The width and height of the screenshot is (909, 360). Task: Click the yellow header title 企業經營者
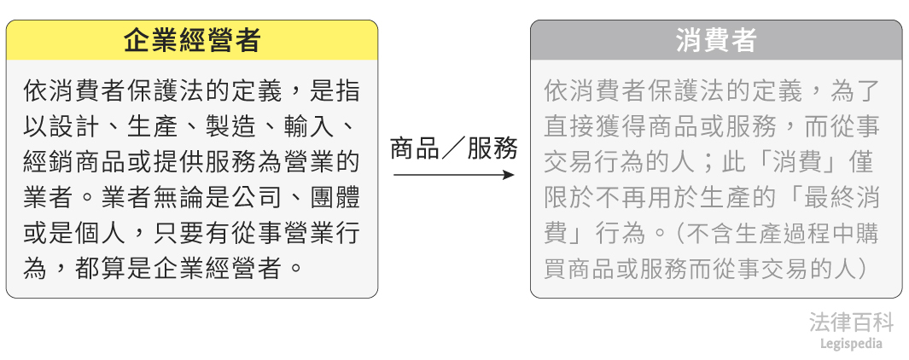[x=191, y=40]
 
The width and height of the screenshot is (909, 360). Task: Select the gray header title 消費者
[x=715, y=41]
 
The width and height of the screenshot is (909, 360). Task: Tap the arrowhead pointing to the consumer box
[x=510, y=175]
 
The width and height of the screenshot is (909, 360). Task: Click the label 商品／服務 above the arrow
[x=453, y=148]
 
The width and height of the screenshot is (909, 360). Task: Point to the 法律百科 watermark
[x=851, y=322]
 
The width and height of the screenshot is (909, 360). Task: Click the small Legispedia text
[x=851, y=344]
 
